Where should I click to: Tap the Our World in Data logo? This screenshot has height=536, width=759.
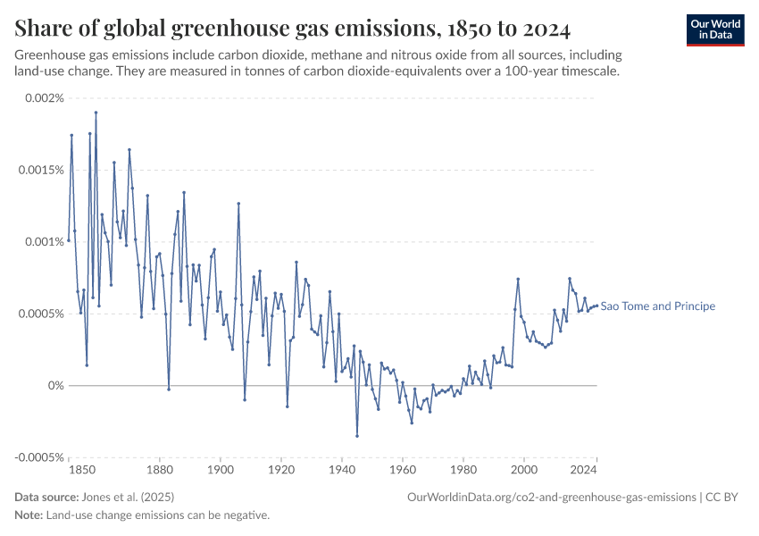714,29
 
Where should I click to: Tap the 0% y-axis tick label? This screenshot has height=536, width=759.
54,386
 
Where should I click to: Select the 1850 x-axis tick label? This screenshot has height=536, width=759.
81,469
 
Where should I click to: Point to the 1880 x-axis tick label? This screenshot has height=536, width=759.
160,469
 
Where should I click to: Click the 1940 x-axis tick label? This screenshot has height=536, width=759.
342,469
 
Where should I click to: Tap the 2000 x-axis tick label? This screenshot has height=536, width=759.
524,469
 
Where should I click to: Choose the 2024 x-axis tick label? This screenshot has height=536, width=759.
586,469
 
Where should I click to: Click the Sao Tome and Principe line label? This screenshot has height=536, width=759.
658,306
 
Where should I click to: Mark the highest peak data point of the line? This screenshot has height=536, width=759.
96,113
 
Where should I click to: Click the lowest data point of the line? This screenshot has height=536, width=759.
357,436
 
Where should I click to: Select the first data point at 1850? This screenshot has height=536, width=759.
69,240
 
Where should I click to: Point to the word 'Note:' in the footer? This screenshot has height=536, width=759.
29,515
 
